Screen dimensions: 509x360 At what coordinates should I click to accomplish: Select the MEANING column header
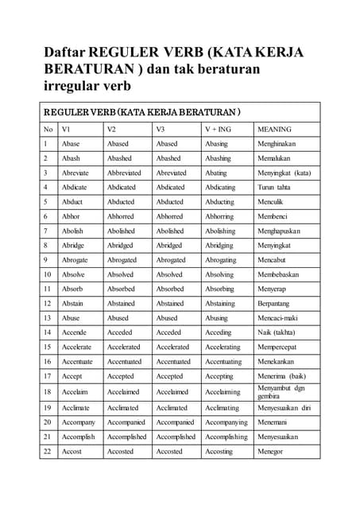point(275,129)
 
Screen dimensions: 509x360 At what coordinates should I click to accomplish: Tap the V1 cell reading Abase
point(71,144)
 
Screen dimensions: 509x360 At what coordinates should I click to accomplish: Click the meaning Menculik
point(271,202)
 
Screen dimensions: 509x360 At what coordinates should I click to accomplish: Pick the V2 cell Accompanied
point(126,422)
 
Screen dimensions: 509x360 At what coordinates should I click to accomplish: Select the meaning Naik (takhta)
point(277,332)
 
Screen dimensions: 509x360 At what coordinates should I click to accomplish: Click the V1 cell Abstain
point(72,303)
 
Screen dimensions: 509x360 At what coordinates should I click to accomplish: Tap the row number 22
point(48,452)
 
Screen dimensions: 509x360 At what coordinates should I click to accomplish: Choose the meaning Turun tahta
point(274,188)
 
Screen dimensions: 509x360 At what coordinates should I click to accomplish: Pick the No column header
point(48,129)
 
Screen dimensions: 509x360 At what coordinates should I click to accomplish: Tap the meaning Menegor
point(272,452)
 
